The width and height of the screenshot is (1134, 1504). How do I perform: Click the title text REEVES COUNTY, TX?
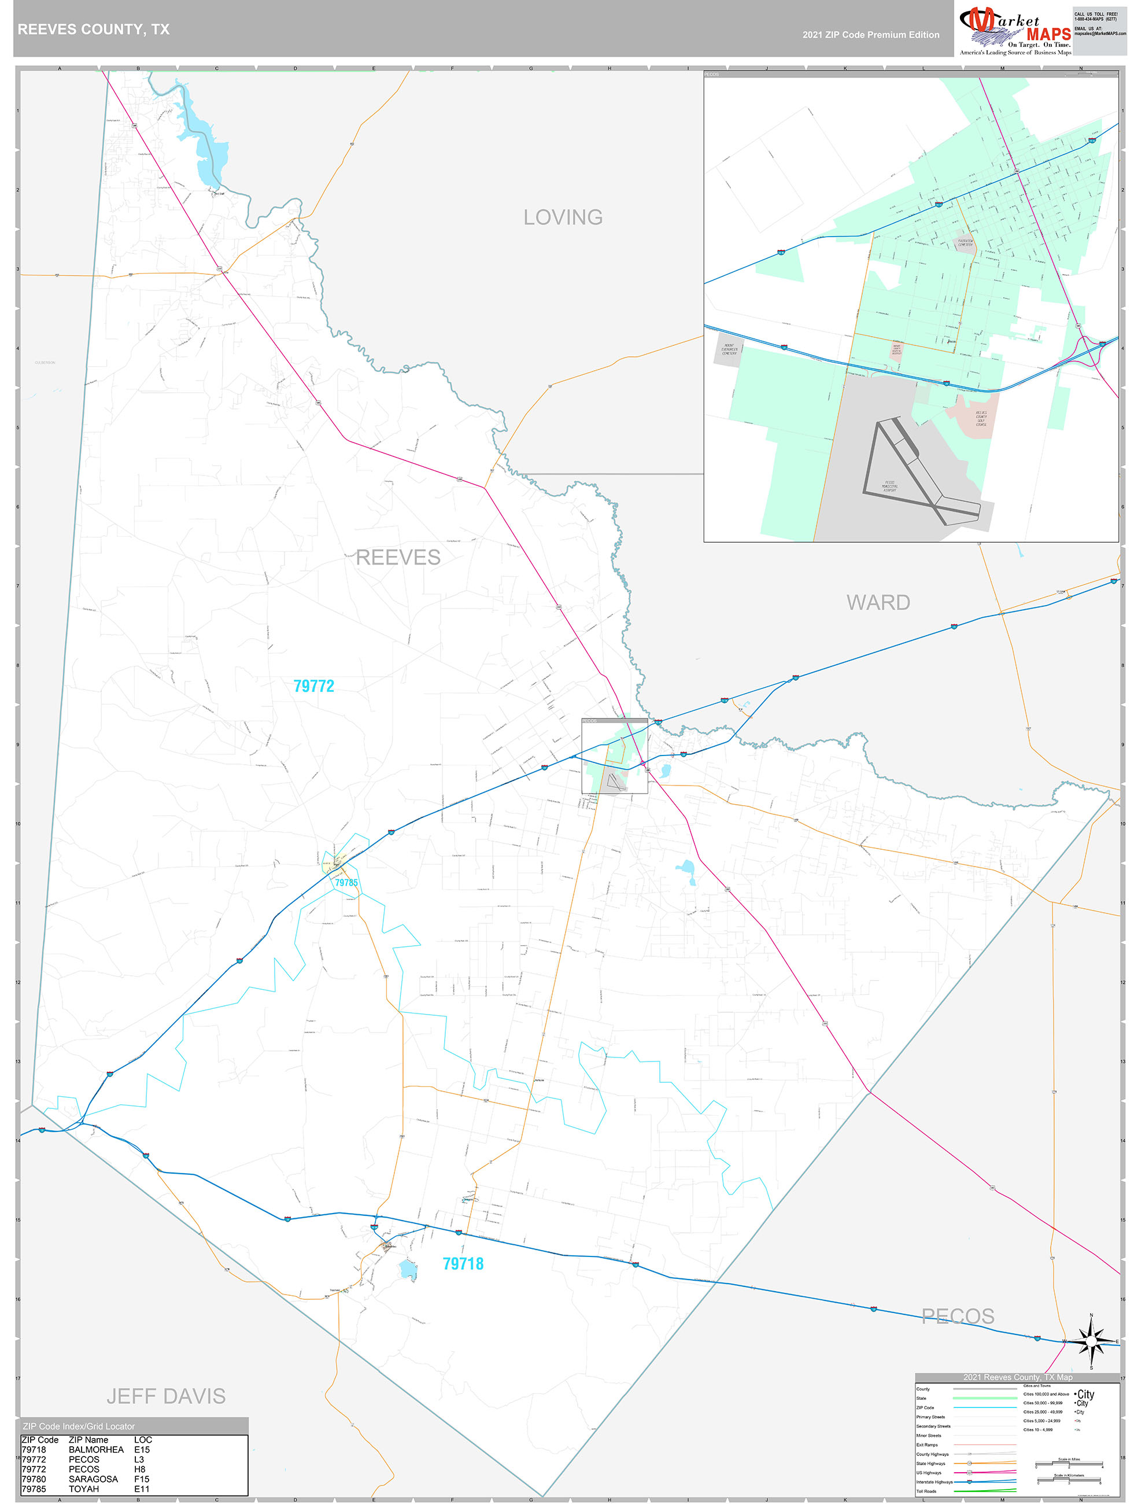[94, 30]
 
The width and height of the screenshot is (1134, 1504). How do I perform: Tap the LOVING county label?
[562, 218]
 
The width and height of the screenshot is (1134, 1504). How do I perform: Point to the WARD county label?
[878, 602]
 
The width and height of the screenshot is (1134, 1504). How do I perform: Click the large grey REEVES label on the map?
[398, 558]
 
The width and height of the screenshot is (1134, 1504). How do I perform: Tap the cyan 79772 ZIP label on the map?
[313, 686]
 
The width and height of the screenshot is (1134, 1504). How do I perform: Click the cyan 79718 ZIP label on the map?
[463, 1263]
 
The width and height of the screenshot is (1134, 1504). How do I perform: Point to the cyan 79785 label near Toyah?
[346, 883]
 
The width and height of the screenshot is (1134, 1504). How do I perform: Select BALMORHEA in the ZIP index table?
[96, 1449]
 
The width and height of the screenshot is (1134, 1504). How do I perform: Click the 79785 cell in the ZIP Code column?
[34, 1488]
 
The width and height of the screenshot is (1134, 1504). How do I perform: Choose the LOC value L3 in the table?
[139, 1459]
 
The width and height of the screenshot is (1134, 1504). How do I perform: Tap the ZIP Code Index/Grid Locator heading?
[79, 1426]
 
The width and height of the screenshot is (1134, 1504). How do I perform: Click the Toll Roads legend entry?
[926, 1491]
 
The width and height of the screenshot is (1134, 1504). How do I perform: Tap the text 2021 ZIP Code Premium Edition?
[870, 35]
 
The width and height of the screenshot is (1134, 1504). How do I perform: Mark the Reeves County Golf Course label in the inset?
[980, 418]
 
